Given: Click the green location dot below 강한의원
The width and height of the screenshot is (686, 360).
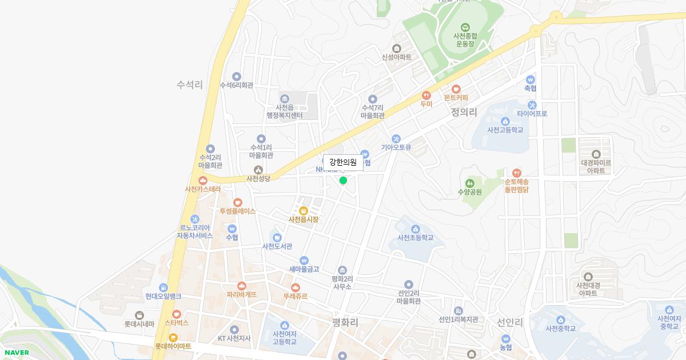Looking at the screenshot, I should click(343, 181).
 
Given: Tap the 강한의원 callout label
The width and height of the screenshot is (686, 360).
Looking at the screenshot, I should click(343, 162).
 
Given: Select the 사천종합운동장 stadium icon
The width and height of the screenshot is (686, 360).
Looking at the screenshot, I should click(465, 26).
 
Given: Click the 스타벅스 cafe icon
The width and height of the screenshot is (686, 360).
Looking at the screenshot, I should click(177, 314).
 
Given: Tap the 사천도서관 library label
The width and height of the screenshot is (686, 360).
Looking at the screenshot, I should click(277, 246).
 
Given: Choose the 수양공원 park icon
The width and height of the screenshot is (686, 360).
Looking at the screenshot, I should click(470, 182).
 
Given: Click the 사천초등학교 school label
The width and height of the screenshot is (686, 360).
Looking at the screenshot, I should click(416, 238).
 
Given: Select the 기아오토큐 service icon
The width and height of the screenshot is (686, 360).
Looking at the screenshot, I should click(396, 138).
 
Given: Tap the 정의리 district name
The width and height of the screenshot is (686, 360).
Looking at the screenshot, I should click(464, 112).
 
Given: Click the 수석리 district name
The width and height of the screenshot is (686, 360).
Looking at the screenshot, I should click(190, 85).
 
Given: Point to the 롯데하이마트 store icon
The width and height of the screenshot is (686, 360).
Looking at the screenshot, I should click(173, 337).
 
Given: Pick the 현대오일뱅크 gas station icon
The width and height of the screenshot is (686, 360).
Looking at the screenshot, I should click(163, 287).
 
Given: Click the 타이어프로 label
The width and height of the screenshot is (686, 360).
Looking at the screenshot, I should click(532, 114).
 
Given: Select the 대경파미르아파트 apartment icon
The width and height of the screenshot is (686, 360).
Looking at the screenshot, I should click(596, 154).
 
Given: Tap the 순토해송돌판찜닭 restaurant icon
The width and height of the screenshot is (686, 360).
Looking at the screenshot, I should click(517, 173).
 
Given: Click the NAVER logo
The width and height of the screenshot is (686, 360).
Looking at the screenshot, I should click(17, 353).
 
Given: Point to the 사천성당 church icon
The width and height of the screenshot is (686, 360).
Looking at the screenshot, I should click(258, 170).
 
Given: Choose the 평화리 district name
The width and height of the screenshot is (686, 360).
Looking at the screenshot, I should click(345, 322).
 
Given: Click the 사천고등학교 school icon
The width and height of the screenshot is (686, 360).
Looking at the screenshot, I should click(505, 121).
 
